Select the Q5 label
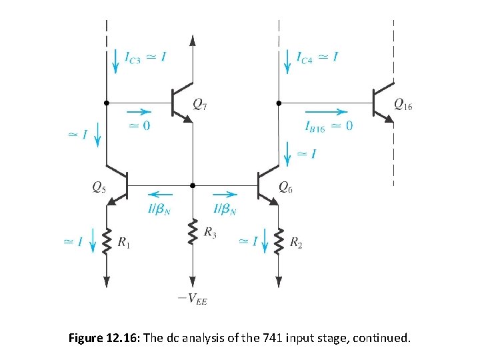coord(98,188)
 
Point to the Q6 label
coord(285,188)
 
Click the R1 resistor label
coord(124,244)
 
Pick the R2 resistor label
coord(297,244)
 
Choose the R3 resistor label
coord(210,232)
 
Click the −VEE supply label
coord(193,299)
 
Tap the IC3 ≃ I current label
coord(145,58)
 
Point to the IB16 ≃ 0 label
coord(328,127)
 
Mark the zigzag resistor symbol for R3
coord(193,232)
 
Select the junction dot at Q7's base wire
coord(106,103)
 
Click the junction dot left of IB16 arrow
coord(279,103)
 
